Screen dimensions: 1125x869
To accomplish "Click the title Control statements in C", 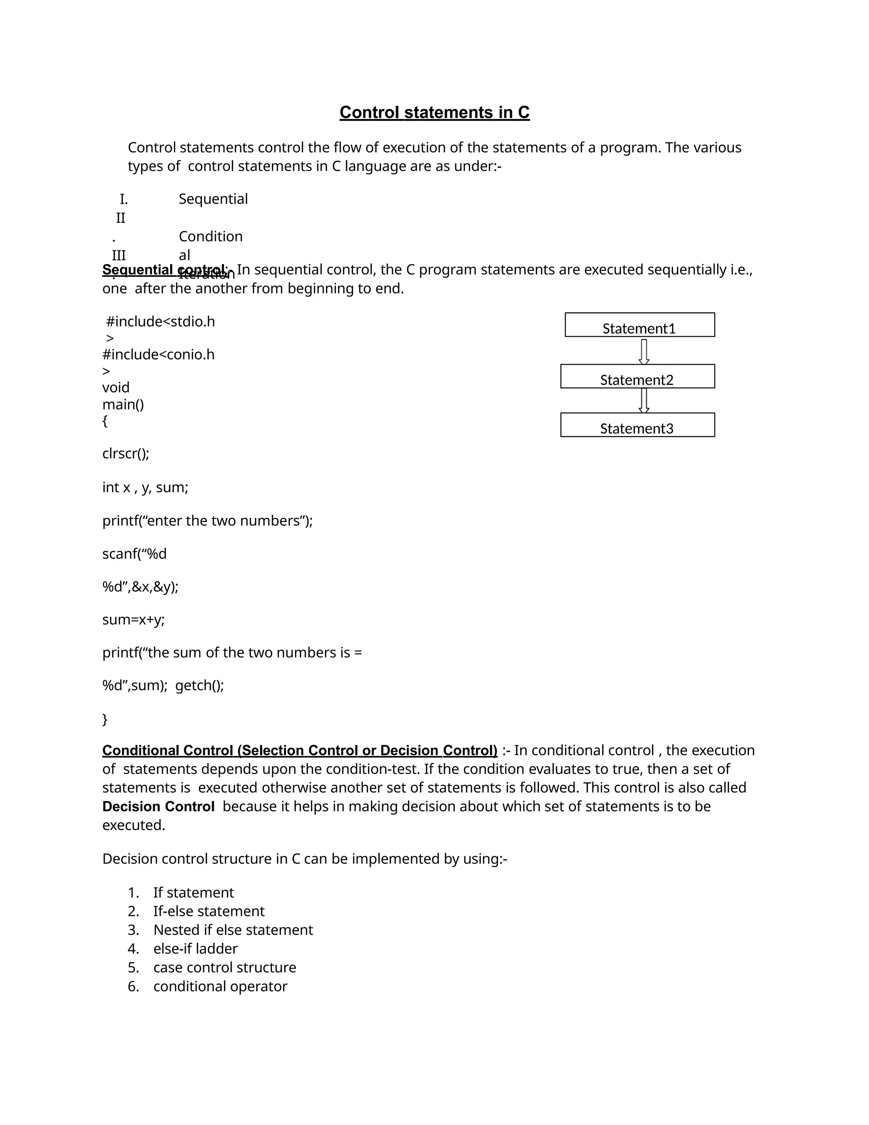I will pos(434,112).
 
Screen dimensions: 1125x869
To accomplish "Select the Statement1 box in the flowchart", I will pos(639,325).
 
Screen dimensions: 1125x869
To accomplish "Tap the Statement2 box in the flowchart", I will pos(637,377).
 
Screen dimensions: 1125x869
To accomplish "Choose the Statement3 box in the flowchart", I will pos(637,425).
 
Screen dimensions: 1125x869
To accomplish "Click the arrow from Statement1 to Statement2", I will pos(644,352).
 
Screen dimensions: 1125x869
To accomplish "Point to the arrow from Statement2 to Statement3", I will pos(644,400).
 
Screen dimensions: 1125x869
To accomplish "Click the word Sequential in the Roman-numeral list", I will pos(213,199).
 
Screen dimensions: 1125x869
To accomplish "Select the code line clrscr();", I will pos(126,454).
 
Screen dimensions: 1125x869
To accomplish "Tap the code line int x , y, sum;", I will pos(145,487).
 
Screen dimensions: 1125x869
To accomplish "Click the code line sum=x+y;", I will pos(133,620).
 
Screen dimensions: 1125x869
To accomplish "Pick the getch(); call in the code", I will pos(200,686).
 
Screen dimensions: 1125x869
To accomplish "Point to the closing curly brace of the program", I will pos(105,719).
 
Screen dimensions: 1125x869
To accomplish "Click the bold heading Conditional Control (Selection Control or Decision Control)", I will pos(300,751).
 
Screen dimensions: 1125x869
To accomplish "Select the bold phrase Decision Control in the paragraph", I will pos(158,807).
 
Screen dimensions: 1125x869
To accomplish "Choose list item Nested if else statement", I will pos(233,930).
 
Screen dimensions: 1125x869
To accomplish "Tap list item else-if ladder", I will pos(195,949).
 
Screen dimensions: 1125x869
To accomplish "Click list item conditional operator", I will pos(220,987).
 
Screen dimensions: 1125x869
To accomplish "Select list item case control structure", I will pos(224,967).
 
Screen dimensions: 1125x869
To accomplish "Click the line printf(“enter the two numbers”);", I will pos(207,521).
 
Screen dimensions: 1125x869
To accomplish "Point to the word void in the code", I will pos(116,387).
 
